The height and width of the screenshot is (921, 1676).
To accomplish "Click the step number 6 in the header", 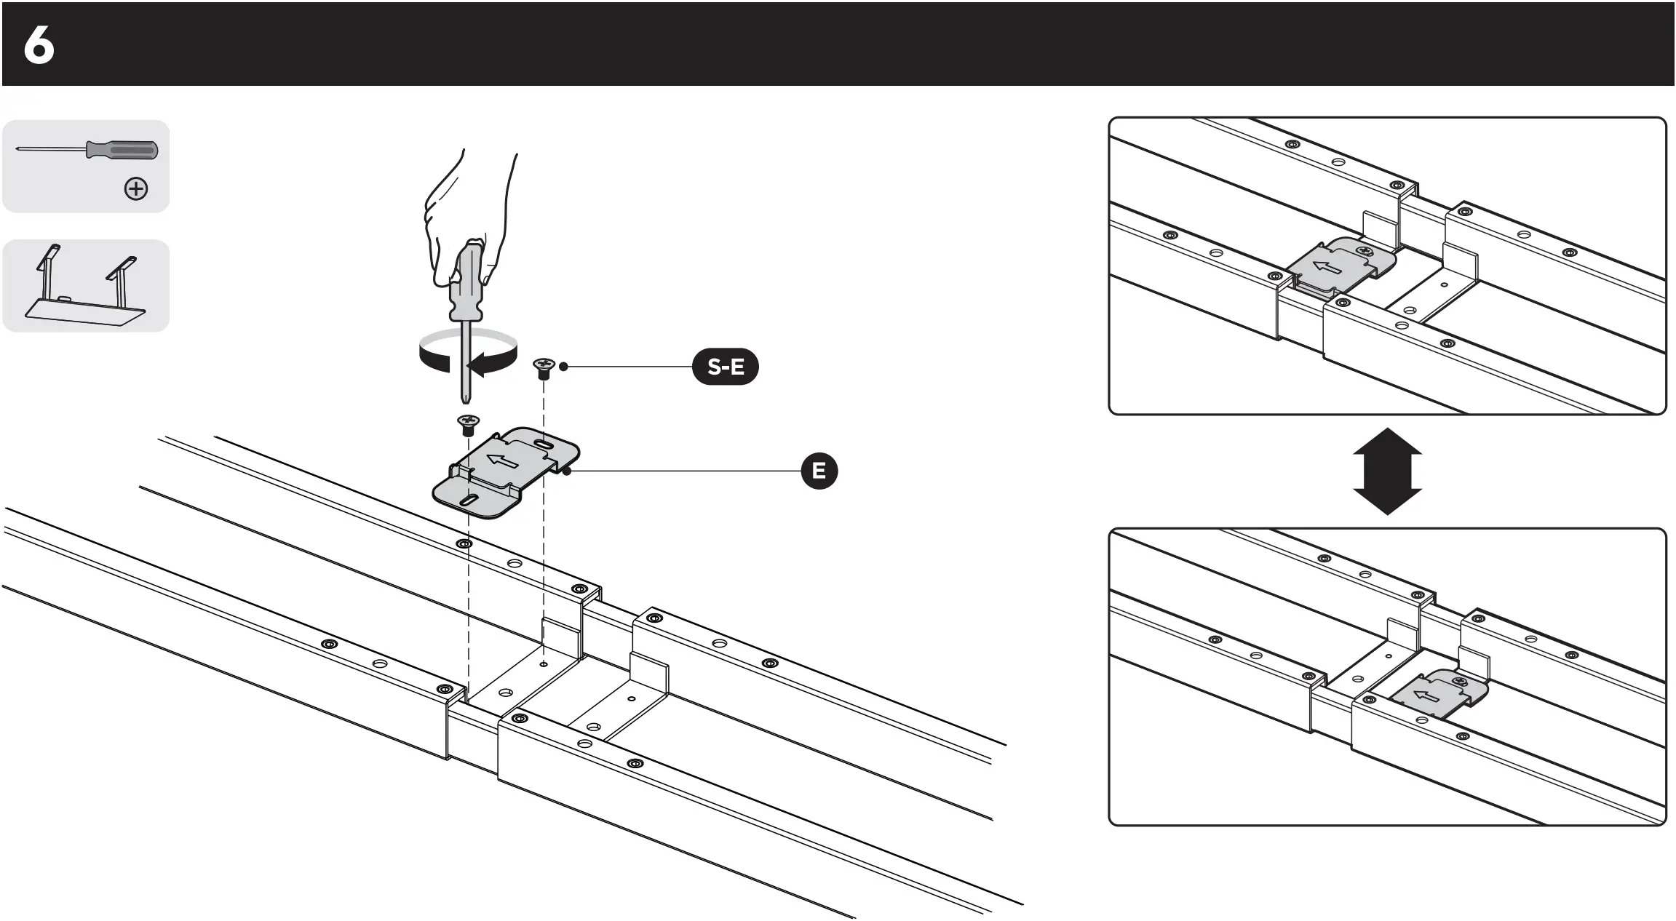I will click(39, 47).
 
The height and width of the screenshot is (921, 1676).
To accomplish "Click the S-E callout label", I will click(725, 367).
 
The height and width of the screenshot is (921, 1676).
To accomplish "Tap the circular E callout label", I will click(819, 471).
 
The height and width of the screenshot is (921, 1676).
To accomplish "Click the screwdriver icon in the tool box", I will click(87, 151).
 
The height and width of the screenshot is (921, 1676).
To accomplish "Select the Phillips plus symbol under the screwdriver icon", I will click(136, 189).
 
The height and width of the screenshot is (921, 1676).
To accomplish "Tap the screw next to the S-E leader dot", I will click(543, 367).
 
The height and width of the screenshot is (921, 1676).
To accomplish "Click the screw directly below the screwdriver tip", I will click(467, 423).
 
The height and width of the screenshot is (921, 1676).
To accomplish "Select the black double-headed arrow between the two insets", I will click(1387, 471).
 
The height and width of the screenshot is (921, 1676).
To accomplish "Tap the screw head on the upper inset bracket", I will click(1365, 252).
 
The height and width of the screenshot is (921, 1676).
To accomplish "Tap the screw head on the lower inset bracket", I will click(1458, 681).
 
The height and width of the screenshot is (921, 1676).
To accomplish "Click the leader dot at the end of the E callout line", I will click(567, 471).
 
